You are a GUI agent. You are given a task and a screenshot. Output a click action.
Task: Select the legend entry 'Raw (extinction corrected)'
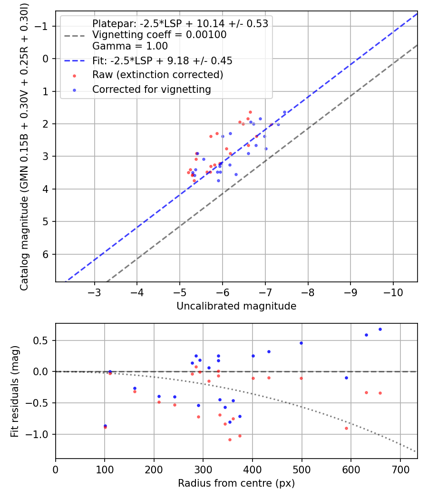pos(157,75)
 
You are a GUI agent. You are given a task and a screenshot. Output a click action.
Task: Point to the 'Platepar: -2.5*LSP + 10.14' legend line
pos(180,23)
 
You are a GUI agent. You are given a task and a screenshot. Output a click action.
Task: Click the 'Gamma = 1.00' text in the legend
pos(130,46)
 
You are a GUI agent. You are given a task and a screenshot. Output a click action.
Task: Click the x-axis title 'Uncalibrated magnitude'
pos(236,306)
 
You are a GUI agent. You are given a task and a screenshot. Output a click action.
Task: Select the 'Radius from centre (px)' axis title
pos(236,483)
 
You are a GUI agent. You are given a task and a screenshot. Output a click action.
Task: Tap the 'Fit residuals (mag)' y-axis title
pos(15,391)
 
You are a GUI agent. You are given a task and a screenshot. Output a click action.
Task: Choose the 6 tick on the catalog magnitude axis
pos(46,254)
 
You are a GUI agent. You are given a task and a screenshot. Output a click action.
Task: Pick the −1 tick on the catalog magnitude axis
pos(44,26)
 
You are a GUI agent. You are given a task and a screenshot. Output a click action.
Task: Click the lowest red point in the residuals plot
pos(230,440)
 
